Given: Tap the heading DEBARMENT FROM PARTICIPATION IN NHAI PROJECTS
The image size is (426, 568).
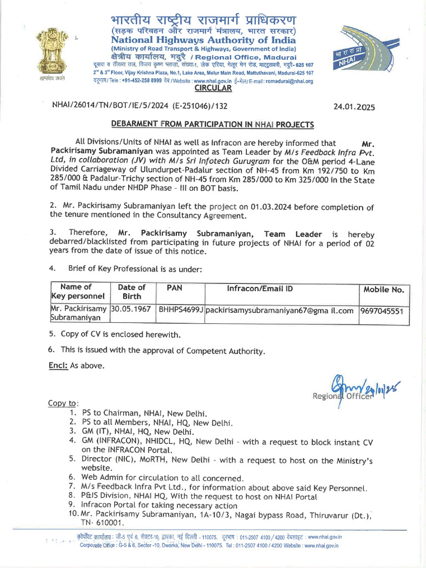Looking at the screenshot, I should [x=212, y=124].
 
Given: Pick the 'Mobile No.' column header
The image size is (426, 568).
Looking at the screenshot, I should [x=384, y=290].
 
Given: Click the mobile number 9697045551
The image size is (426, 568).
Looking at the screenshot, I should [x=382, y=311].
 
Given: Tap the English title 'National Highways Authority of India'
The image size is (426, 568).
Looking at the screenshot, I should [x=204, y=40].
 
